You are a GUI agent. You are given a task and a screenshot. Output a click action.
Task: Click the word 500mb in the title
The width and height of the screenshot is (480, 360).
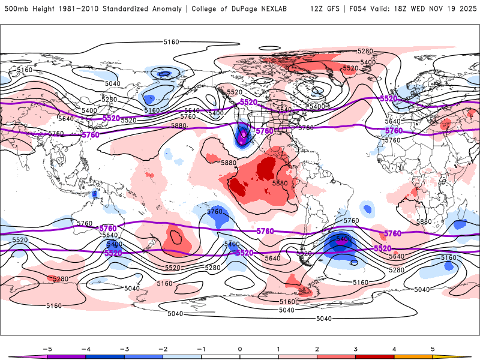(x=16, y=9)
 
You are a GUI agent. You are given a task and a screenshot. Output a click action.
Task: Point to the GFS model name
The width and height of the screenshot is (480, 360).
(x=335, y=9)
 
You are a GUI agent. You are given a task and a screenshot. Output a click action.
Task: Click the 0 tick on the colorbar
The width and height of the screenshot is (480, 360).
(x=240, y=349)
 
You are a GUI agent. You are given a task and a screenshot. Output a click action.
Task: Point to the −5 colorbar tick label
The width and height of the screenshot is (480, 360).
(x=46, y=349)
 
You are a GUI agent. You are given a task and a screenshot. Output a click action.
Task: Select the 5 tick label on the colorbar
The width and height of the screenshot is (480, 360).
(x=433, y=349)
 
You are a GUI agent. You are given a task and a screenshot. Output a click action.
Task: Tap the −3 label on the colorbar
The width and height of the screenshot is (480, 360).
(x=123, y=349)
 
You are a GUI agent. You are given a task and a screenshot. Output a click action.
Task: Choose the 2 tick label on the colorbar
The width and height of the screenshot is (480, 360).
(x=317, y=349)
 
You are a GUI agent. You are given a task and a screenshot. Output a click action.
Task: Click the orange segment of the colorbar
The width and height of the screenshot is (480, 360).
(x=413, y=357)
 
